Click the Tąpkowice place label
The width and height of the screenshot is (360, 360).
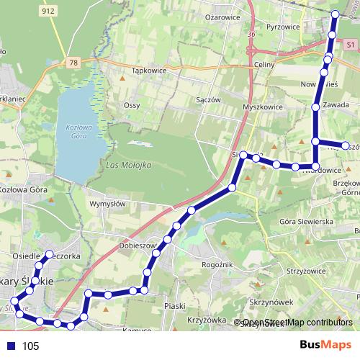(x=150, y=71)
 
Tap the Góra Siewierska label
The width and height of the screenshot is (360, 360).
(x=305, y=222)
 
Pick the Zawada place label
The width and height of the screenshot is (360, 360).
(x=336, y=105)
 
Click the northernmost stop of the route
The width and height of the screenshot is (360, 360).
(x=335, y=14)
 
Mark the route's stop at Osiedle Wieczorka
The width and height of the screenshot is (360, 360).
(x=49, y=253)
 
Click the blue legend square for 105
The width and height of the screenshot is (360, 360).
(x=9, y=346)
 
